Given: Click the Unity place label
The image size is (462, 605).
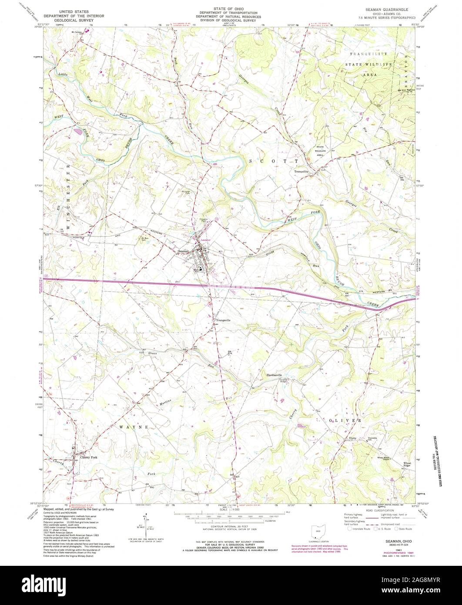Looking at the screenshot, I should pos(352,438).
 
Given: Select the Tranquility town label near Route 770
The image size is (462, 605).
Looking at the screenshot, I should pos(301,171).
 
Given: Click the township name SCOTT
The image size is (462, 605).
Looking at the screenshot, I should pos(273,161).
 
